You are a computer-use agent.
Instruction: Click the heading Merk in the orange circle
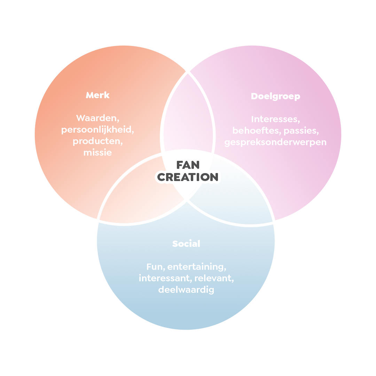pyautogui.click(x=97, y=95)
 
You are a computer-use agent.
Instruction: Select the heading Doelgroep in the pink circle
pyautogui.click(x=275, y=96)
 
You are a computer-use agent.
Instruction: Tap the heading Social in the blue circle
pyautogui.click(x=186, y=244)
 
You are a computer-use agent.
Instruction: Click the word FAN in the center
pyautogui.click(x=188, y=165)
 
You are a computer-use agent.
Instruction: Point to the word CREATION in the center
pyautogui.click(x=188, y=177)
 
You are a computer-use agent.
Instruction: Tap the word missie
pyautogui.click(x=97, y=152)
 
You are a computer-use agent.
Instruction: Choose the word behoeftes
pyautogui.click(x=257, y=131)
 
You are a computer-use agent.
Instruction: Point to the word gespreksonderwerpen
pyautogui.click(x=275, y=142)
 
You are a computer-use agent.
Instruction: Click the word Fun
pyautogui.click(x=156, y=267)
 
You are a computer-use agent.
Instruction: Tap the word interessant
pyautogui.click(x=165, y=279)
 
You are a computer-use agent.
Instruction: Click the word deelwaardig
pyautogui.click(x=186, y=290)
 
